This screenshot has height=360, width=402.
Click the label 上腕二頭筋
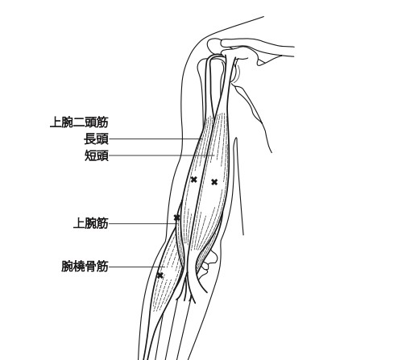[x=79, y=122]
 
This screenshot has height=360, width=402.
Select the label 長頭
[x=96, y=139]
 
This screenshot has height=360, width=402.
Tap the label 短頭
[x=97, y=155]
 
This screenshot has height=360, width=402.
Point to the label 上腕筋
[x=91, y=223]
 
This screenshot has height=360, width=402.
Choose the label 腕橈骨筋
[x=85, y=267]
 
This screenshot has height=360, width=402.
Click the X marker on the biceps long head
[x=193, y=180]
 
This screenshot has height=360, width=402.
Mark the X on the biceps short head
[x=214, y=182]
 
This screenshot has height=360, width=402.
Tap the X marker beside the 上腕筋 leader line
[x=176, y=217]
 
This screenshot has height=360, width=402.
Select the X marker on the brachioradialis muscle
[x=160, y=275]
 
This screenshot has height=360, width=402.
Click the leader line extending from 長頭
[x=155, y=139]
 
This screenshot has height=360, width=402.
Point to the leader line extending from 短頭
[x=162, y=155]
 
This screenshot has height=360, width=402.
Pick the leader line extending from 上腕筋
[x=143, y=223]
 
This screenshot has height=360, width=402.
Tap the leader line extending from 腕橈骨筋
[x=137, y=267]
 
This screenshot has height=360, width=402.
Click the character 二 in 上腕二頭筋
[x=79, y=122]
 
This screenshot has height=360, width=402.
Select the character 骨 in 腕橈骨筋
[x=91, y=267]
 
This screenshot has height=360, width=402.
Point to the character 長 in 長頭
[x=90, y=139]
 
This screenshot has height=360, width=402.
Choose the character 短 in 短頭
[x=91, y=155]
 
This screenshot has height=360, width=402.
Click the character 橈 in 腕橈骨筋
[x=79, y=267]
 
